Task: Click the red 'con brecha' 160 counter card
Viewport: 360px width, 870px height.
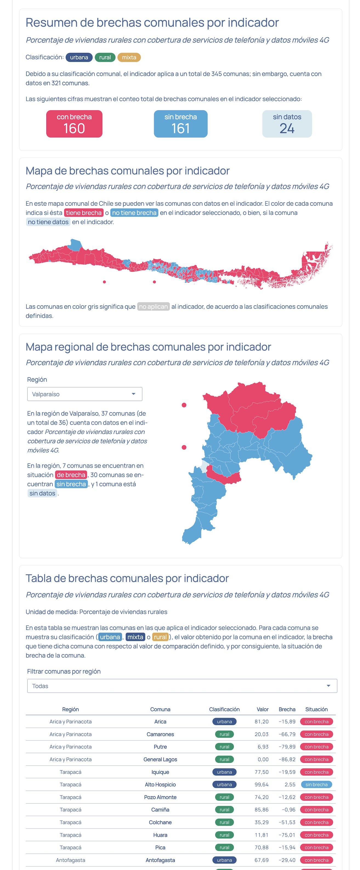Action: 74,124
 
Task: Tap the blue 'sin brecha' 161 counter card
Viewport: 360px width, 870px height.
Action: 180,124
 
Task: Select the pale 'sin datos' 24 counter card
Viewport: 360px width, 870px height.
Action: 287,124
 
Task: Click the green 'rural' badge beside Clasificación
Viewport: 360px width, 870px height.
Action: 105,57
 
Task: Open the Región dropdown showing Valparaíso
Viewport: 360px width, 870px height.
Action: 84,394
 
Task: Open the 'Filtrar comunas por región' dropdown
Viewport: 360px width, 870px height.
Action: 182,686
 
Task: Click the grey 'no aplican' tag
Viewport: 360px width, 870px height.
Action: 153,306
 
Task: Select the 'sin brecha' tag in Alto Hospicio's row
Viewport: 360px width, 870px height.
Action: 316,784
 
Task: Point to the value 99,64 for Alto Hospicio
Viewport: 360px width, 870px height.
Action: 261,784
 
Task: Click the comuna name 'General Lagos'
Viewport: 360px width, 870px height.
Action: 160,759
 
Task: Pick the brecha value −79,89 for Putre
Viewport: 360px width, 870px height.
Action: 287,746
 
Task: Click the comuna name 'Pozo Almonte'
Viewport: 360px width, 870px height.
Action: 160,797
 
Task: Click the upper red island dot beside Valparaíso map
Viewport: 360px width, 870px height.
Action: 184,405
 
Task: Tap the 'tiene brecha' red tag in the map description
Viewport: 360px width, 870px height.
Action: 83,212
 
